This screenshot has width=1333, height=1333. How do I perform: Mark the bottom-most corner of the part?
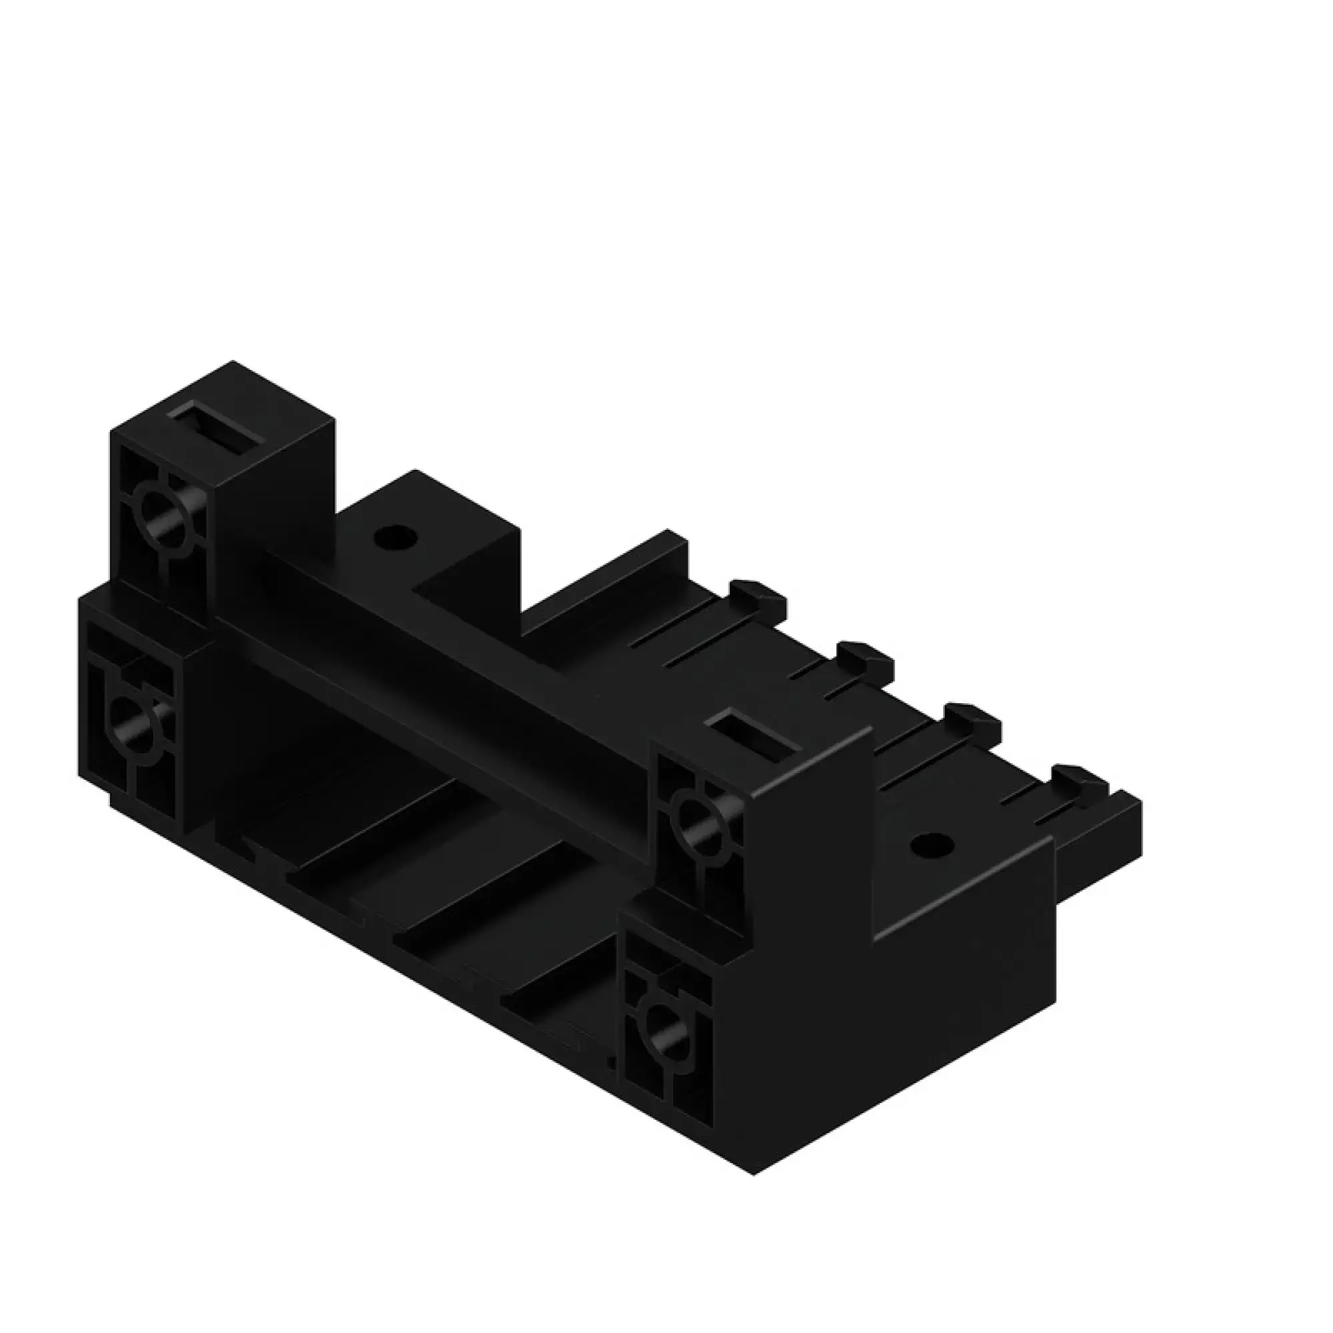754,1156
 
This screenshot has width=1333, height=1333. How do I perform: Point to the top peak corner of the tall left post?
233,361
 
